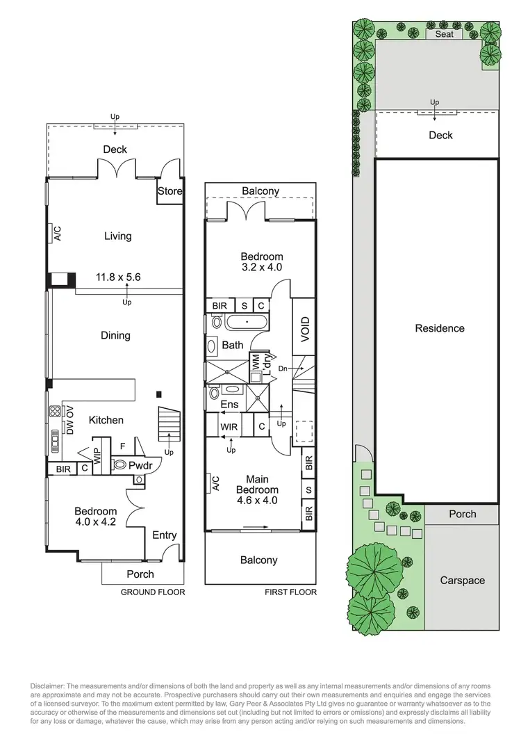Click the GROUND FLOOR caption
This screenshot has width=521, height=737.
tap(153, 592)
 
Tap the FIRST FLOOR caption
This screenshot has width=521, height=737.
tap(290, 592)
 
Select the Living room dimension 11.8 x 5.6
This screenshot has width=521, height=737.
tap(118, 277)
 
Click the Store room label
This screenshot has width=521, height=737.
tap(170, 191)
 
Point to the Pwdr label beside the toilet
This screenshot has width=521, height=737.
tap(140, 465)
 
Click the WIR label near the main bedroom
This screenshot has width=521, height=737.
tap(229, 426)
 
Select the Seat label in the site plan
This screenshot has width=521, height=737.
tap(444, 34)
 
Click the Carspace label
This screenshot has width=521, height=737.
tap(462, 581)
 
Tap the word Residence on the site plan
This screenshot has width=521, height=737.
tap(440, 328)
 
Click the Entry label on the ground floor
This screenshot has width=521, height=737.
tap(164, 535)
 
